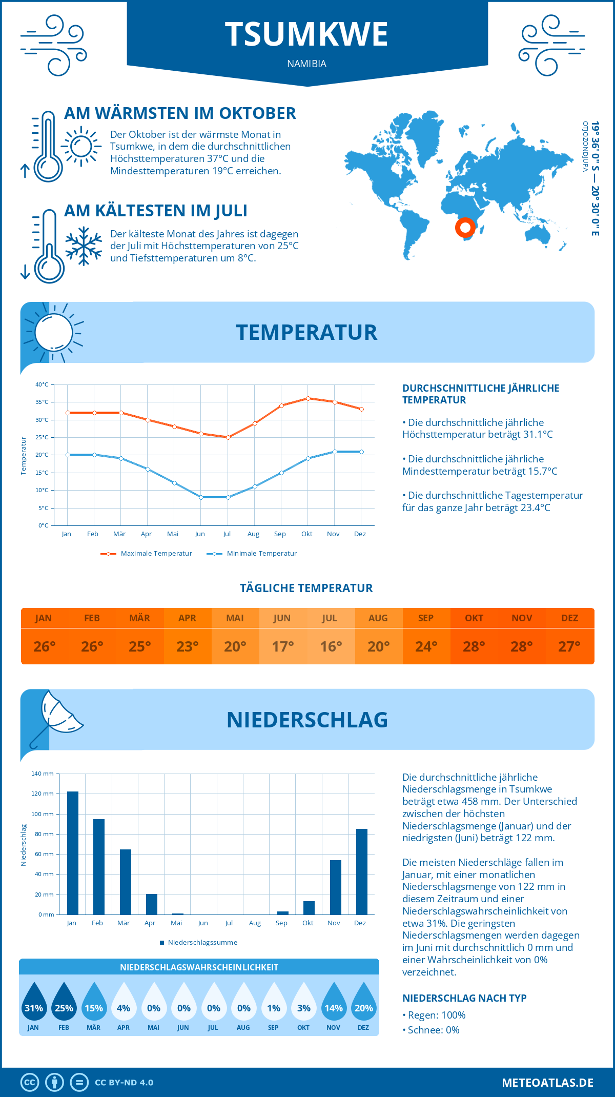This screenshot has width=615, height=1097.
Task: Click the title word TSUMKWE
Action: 306,34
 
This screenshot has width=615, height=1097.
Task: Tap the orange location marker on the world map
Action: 465,227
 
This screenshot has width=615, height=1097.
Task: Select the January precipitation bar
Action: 73,853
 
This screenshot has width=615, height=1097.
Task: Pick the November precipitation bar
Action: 336,887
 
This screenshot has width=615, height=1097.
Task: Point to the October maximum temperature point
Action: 308,398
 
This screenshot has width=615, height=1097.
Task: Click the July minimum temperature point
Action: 228,497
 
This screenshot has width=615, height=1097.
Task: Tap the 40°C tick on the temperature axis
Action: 42,384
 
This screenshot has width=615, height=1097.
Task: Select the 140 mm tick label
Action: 43,774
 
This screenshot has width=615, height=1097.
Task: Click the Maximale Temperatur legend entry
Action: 147,554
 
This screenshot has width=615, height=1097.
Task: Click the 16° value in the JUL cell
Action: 331,646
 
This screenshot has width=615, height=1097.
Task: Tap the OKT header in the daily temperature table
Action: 474,618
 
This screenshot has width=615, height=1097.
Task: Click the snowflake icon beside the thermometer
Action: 84,246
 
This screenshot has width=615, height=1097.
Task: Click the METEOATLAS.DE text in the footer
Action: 547,1083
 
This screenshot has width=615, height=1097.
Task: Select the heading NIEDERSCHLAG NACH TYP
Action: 464,998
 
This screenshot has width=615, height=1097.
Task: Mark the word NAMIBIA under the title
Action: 306,64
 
